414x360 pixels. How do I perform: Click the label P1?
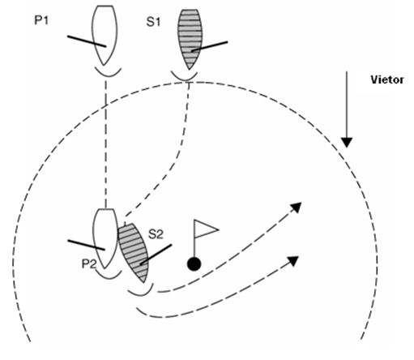pos(41,20)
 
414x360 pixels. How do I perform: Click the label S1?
pos(153,22)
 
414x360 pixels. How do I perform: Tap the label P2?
pos(89,264)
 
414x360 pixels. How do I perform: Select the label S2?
pos(156,234)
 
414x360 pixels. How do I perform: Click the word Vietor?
pos(387,79)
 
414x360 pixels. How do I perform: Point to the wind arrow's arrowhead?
pos(347,143)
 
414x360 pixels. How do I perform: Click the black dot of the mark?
pos(194,264)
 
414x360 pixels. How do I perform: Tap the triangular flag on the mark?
pos(206,229)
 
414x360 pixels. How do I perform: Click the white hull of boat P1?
pos(105,34)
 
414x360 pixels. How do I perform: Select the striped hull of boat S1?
pos(190,38)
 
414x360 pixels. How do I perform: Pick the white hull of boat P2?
pos(105,238)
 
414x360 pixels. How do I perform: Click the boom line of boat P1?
pos(87,41)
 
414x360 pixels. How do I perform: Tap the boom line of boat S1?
pos(210,46)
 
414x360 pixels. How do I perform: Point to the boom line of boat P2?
pos(86,245)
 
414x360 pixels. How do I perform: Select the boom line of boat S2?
pos(156,255)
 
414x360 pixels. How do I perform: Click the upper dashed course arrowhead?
pos(296,208)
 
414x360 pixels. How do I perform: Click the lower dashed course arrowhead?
pos(293,261)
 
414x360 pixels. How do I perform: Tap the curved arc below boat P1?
pos(108,75)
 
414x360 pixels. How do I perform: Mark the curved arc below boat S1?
pos(184,79)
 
